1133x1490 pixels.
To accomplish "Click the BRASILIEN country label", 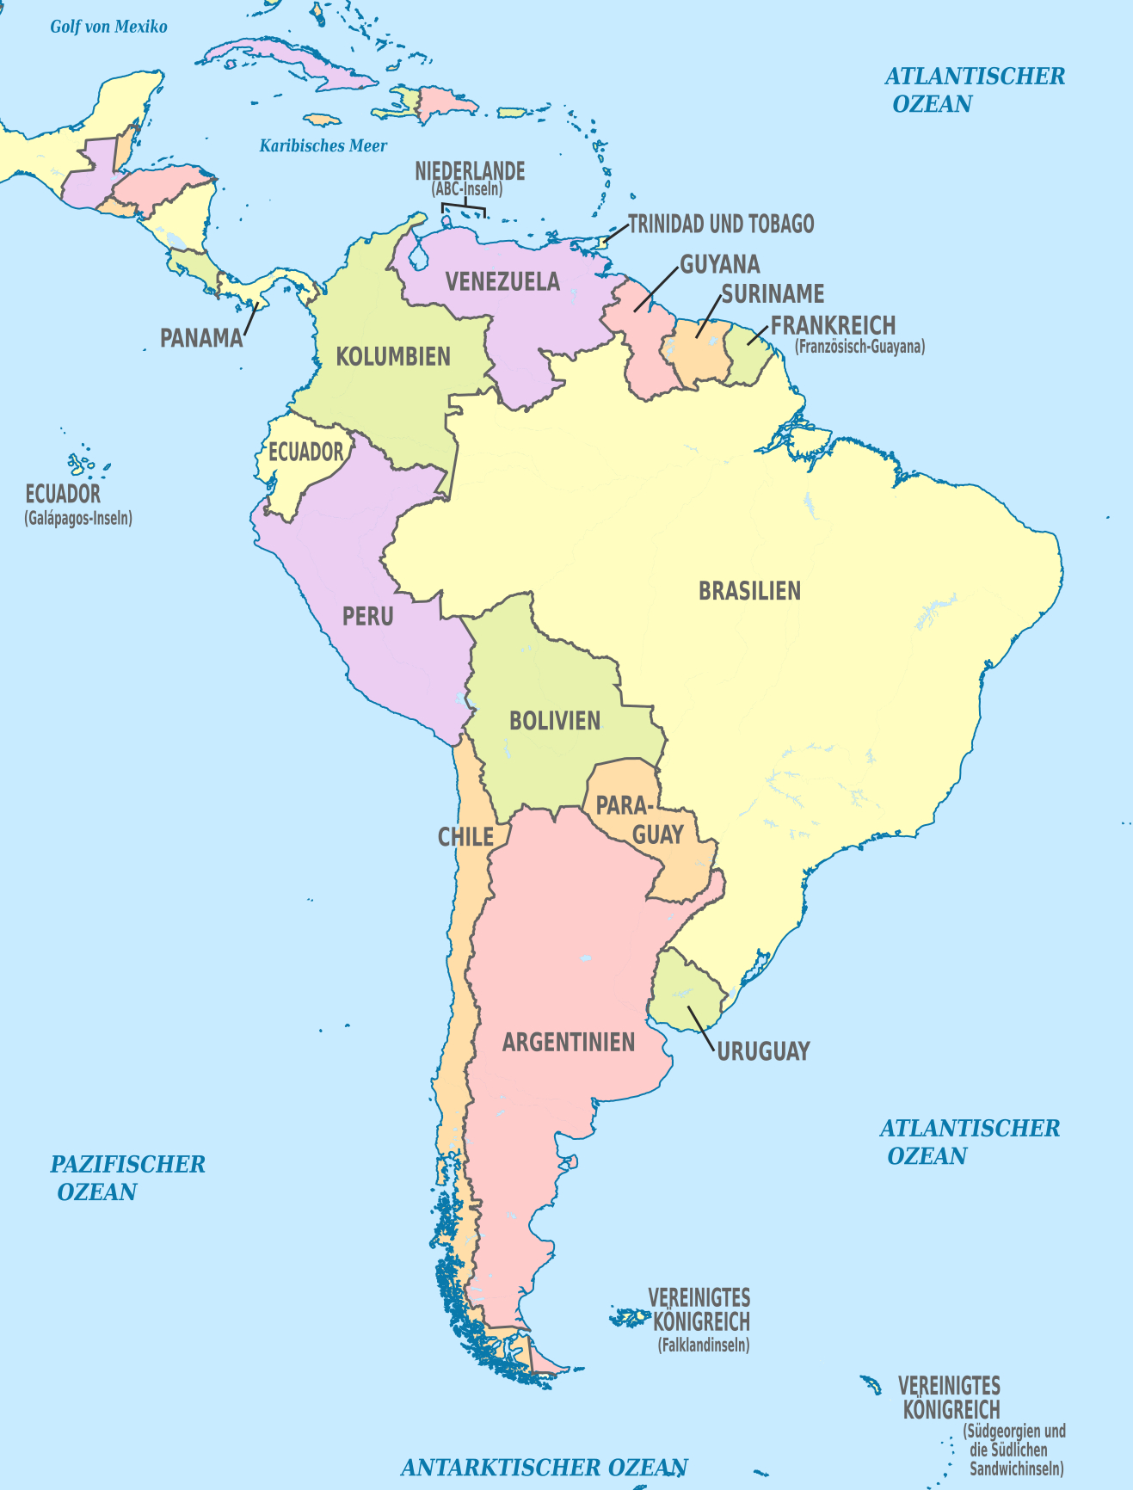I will [x=749, y=591].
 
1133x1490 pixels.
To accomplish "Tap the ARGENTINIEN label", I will [x=569, y=1043].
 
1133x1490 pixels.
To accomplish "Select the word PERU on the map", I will [x=368, y=616].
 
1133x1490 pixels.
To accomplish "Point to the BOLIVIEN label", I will [x=555, y=721].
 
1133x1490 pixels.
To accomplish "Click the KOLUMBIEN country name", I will [x=393, y=356].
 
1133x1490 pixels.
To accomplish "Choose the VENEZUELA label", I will [x=502, y=281].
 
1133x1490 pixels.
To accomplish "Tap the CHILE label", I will [x=465, y=837].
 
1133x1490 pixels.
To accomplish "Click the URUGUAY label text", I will [x=764, y=1051].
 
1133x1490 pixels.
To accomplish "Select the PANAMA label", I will [x=202, y=338].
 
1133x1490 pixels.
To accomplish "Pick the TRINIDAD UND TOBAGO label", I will [x=721, y=225].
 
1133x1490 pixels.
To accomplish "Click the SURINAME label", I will [x=773, y=294].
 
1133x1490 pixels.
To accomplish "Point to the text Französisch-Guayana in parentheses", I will [x=860, y=348].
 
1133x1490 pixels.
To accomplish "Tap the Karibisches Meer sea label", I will [x=323, y=146].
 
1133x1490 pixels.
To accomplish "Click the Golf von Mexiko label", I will [x=109, y=27].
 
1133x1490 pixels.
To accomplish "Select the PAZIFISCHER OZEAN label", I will [x=127, y=1178].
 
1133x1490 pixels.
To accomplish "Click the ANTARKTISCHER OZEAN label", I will [x=545, y=1467].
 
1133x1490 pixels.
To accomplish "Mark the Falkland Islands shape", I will [x=631, y=1317].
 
